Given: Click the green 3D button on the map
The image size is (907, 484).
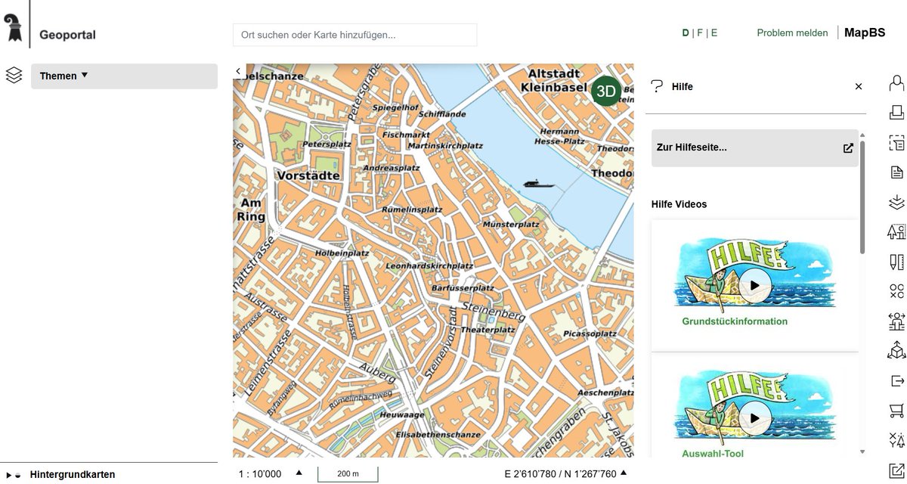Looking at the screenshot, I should tap(606, 91).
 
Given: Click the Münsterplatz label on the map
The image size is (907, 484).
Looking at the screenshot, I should tap(511, 225).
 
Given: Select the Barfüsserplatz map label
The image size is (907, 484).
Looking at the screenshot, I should tap(462, 288).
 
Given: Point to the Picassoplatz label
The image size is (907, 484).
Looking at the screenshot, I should tap(590, 334).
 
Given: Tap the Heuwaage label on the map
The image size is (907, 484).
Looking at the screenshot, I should tap(403, 415).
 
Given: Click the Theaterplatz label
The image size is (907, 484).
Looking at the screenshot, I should tap(488, 330).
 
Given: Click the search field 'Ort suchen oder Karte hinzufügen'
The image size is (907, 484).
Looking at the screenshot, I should tap(354, 35).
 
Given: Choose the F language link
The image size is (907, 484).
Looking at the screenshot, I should tap(700, 33).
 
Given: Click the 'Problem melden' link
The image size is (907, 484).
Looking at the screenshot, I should tap(792, 33).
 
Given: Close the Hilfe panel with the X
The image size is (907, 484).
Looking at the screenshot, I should tap(859, 87).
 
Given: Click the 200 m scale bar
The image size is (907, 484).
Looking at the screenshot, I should tap(347, 474).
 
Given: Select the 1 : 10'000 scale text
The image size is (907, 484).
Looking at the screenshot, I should tap(260, 474).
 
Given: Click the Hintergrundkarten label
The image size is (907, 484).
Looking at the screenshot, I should tap(73, 475).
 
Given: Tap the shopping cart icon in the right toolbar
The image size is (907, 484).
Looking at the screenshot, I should tap(896, 411).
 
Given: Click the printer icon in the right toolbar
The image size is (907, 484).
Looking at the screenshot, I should tap(896, 113).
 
